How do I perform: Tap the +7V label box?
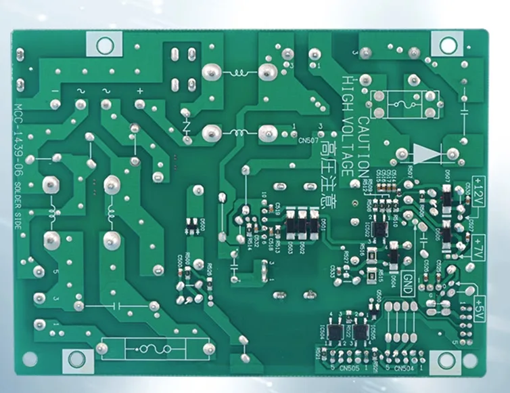coord(479,242)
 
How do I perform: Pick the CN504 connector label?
coord(403,368)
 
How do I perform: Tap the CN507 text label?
coord(308,141)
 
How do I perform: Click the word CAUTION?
coord(364,146)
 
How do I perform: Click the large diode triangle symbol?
coord(425,154)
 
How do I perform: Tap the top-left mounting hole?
coord(104,45)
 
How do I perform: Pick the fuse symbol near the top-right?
coord(404,105)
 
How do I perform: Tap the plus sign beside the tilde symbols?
coord(140,90)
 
